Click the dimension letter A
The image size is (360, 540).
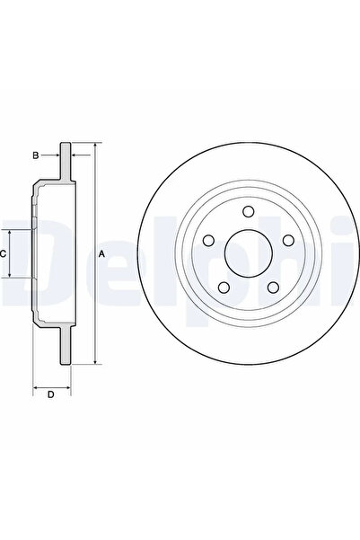point(102,254)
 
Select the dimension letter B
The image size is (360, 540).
point(36,155)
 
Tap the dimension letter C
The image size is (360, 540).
point(4,254)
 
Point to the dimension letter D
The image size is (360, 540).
point(50,394)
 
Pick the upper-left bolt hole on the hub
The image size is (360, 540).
point(208,240)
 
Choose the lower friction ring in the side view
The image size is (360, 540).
point(65,346)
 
